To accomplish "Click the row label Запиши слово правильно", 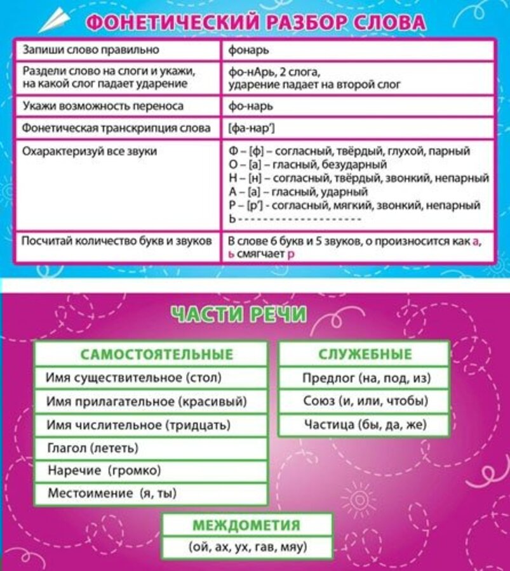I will [91, 49].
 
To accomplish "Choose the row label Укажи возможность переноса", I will [102, 106].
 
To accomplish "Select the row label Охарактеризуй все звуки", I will [89, 152].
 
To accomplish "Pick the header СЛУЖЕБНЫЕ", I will [365, 354].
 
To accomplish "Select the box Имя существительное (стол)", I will [133, 378].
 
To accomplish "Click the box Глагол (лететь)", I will [92, 448].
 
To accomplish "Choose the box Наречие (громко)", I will [104, 470].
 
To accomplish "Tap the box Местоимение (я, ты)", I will [112, 493].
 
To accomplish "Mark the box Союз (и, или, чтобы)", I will [365, 401].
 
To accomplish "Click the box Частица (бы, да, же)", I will [365, 424].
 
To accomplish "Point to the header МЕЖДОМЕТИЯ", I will [246, 525].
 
